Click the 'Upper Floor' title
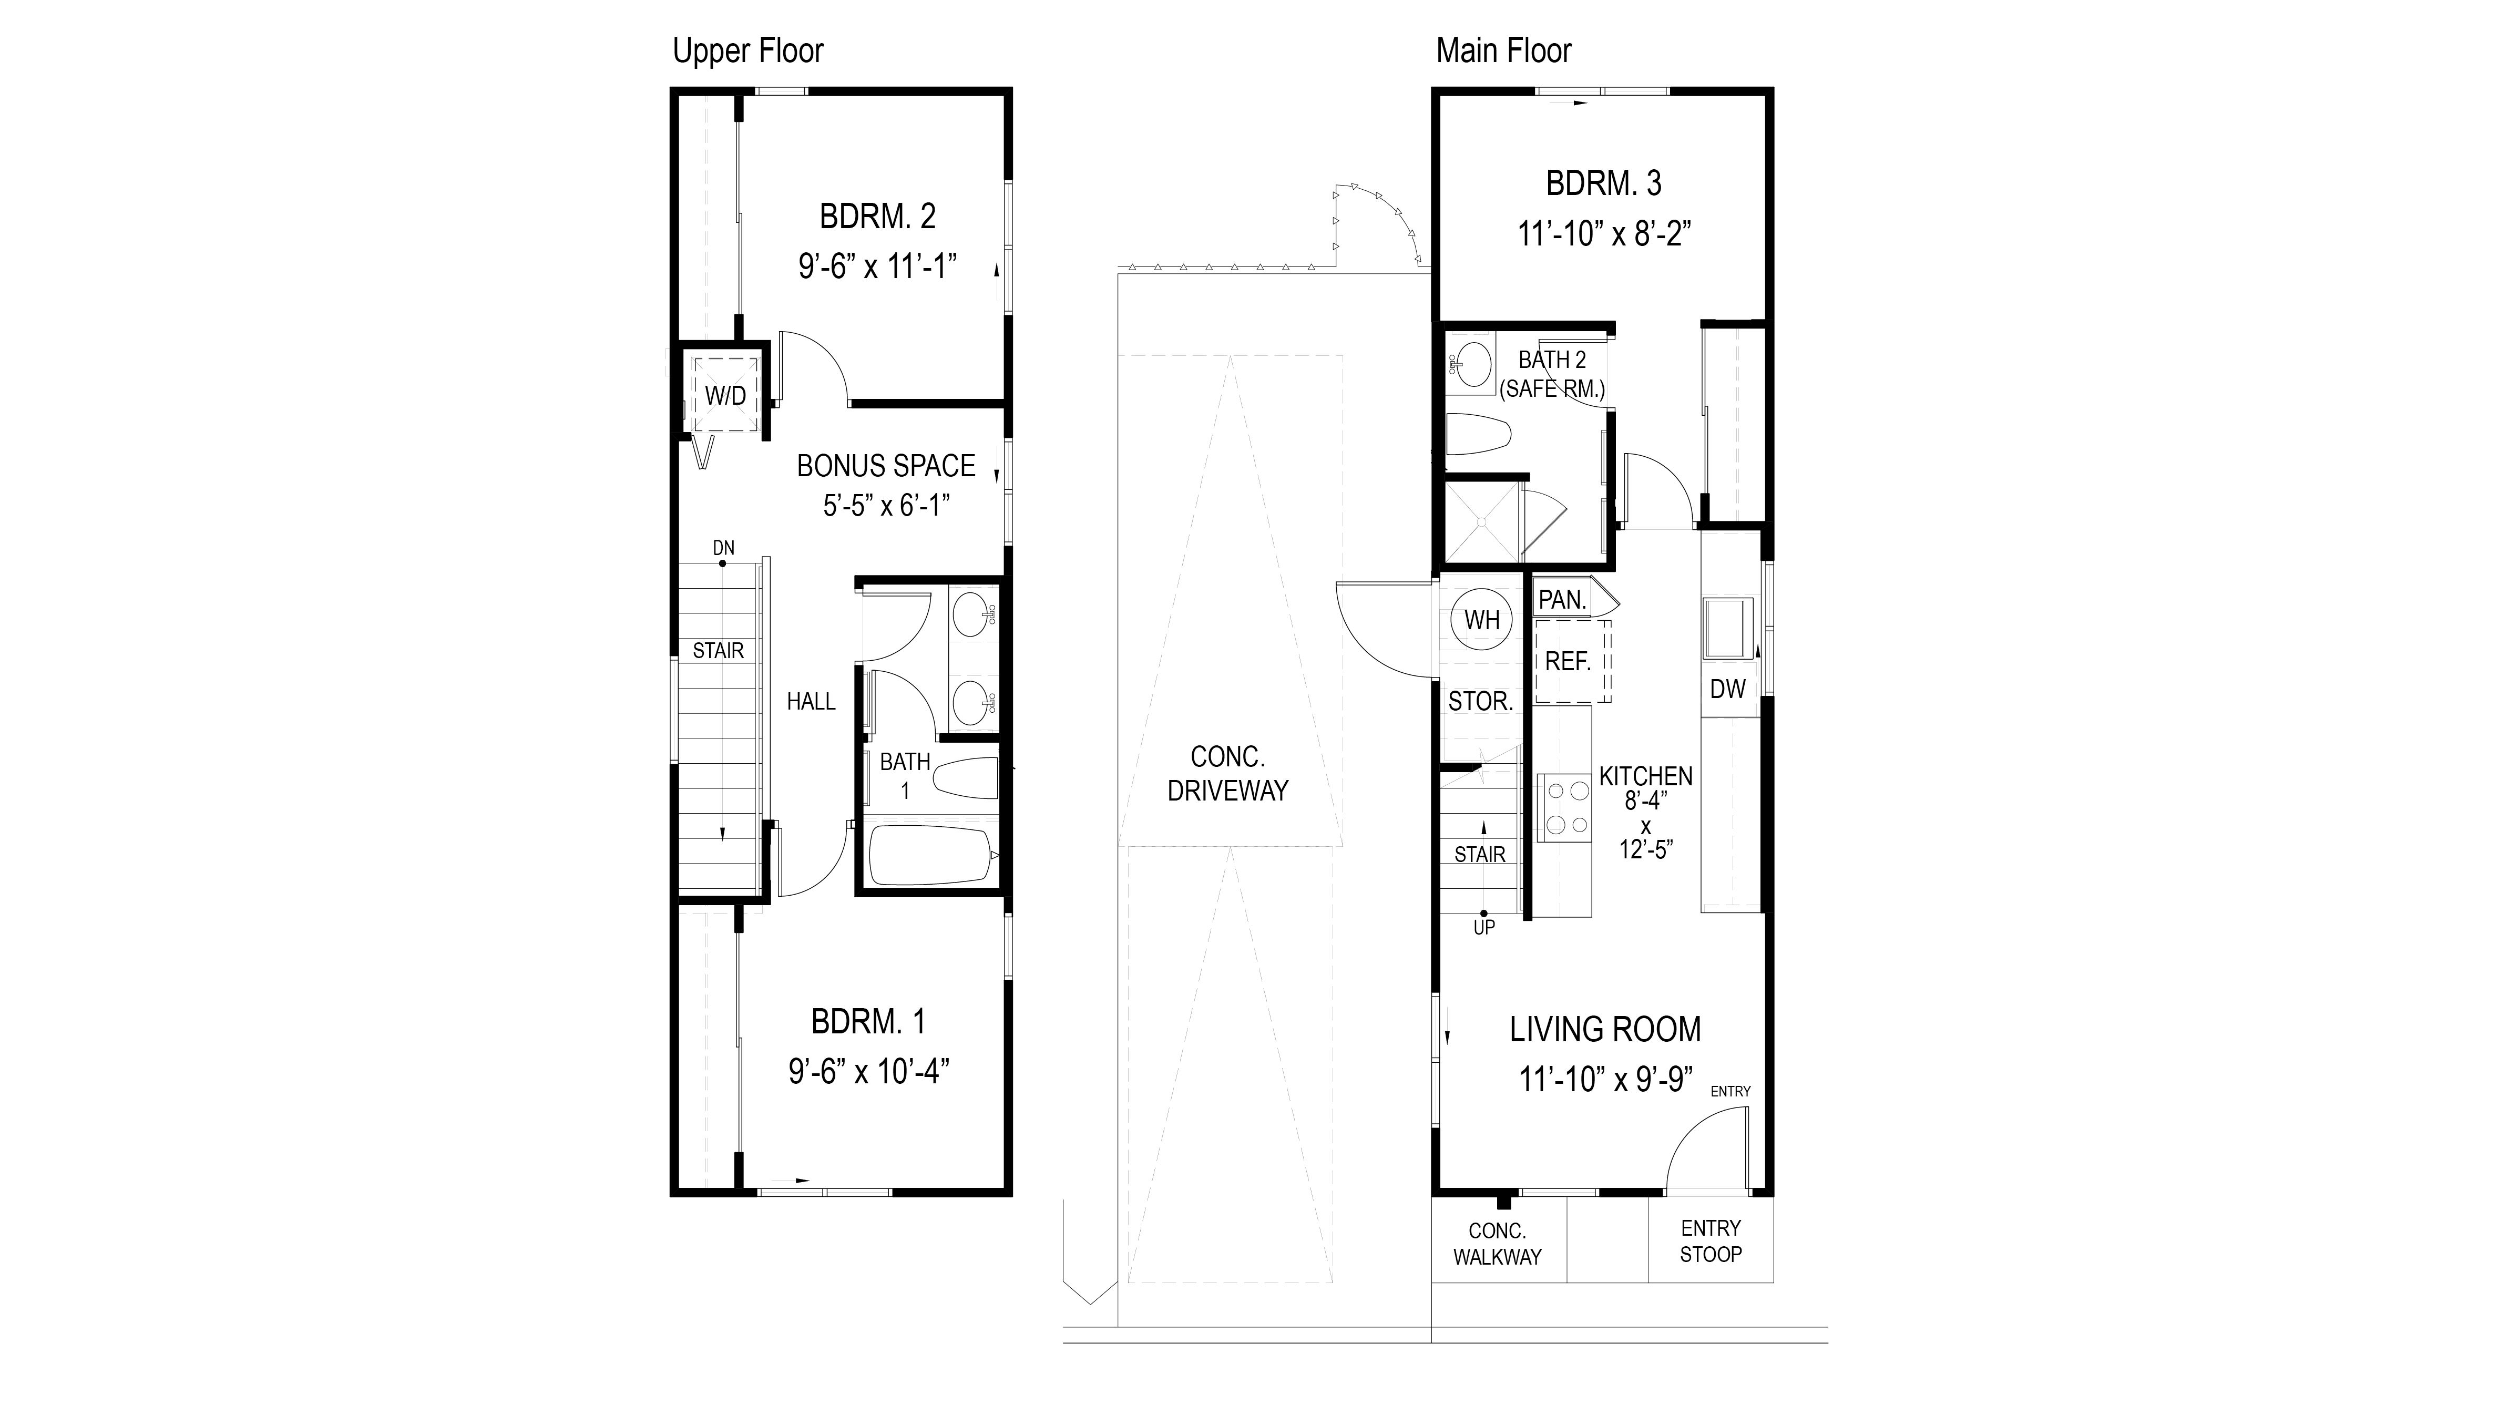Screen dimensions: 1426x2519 [x=747, y=51]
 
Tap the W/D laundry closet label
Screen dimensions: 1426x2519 [x=726, y=396]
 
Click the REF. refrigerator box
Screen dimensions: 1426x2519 [x=1571, y=662]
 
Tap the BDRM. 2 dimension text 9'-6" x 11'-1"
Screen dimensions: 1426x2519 [x=877, y=265]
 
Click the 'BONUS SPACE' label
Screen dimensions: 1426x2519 [x=885, y=466]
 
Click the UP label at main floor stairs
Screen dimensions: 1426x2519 [x=1484, y=928]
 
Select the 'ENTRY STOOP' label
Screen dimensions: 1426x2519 [x=1710, y=1241]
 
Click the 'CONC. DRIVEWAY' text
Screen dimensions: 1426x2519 [x=1227, y=774]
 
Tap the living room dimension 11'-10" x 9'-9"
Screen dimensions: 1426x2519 [x=1605, y=1079]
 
